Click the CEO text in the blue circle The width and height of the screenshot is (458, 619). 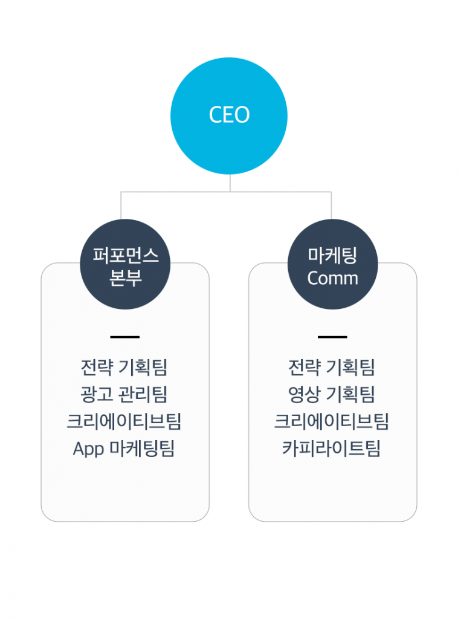(x=229, y=115)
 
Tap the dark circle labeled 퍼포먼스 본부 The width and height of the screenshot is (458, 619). (x=125, y=264)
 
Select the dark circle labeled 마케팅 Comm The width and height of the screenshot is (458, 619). (x=332, y=264)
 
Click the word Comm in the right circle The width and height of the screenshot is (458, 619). (x=332, y=278)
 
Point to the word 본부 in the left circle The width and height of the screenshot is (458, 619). (x=125, y=278)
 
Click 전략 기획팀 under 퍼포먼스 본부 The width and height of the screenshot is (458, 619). (x=124, y=368)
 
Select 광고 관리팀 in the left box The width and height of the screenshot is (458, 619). (x=124, y=394)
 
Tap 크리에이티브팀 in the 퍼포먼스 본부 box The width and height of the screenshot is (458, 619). (x=124, y=421)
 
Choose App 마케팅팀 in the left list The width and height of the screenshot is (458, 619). (x=124, y=449)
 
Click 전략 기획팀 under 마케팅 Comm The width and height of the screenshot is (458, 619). (x=332, y=368)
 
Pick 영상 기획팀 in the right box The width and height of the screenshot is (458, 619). (x=332, y=394)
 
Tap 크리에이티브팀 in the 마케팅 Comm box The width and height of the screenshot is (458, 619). (x=332, y=421)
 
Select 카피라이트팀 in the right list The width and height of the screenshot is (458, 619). (x=331, y=449)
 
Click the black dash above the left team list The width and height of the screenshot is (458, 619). (x=125, y=337)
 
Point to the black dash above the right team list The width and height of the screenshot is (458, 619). (x=332, y=337)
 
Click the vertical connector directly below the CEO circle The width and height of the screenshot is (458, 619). (x=230, y=183)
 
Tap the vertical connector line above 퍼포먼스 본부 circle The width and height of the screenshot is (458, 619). (x=121, y=206)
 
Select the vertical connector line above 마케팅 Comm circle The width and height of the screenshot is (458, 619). (x=331, y=206)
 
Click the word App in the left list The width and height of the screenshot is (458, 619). (x=89, y=449)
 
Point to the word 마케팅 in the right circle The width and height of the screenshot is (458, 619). (x=332, y=256)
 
